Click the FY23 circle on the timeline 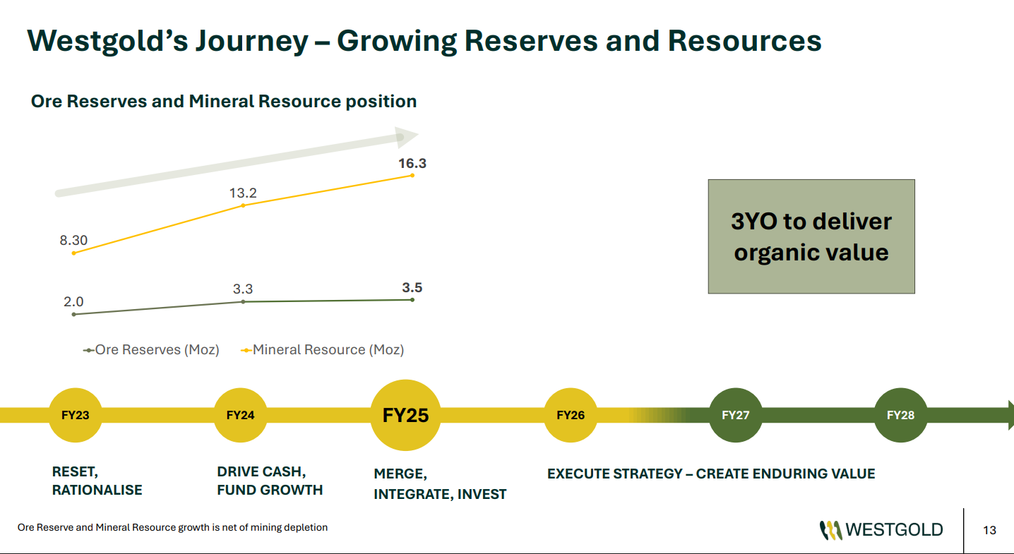76,416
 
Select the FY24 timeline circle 240,416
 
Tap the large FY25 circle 405,416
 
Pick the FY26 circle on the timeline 571,416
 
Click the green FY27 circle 735,416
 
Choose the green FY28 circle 900,416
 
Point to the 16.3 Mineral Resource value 412,164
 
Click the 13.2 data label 243,193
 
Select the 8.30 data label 73,241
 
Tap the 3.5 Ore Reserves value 412,288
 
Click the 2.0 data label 73,302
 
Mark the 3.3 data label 243,289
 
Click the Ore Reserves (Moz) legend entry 151,350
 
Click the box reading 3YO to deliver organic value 811,236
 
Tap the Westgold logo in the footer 881,530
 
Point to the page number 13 989,531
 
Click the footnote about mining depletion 172,528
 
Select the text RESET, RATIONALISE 97,481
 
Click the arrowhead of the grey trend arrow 406,137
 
